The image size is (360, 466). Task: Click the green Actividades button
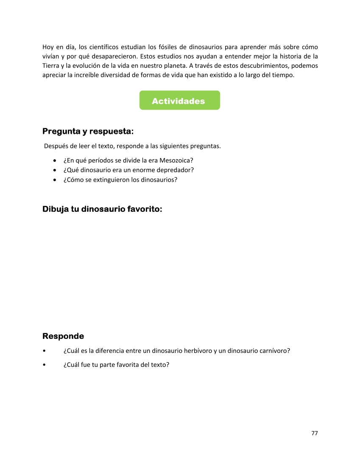click(179, 100)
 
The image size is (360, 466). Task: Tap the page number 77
click(314, 433)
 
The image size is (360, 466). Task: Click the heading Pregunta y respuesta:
click(88, 132)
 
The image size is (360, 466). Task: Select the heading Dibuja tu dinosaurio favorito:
click(102, 209)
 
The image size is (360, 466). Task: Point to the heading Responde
click(63, 336)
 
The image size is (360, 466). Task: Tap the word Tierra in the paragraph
click(51, 66)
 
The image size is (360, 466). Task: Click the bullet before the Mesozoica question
click(55, 161)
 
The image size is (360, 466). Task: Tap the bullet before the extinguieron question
click(55, 180)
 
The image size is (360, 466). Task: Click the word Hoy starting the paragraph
click(48, 47)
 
